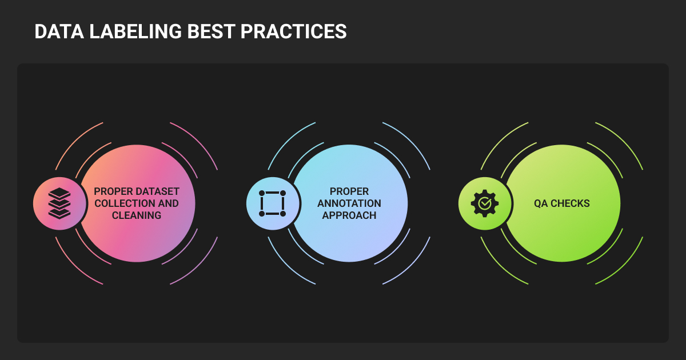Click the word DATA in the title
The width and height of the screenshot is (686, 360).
(x=59, y=31)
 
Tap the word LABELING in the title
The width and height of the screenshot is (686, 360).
(x=135, y=31)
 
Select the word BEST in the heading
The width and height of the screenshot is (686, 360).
(x=211, y=31)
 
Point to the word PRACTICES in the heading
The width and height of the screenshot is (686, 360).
(x=293, y=31)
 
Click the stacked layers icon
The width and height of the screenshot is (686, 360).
(x=59, y=203)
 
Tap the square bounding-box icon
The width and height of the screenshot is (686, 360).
(x=272, y=203)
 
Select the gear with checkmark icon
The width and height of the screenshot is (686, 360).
(x=485, y=203)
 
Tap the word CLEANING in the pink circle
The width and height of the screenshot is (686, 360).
(x=137, y=215)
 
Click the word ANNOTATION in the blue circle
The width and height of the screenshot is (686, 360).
(x=349, y=203)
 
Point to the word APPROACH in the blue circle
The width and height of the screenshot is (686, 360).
(x=349, y=215)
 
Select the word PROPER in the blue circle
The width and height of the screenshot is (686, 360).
(x=349, y=191)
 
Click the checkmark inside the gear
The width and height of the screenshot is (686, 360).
(x=485, y=203)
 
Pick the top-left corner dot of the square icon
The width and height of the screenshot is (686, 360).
(x=262, y=193)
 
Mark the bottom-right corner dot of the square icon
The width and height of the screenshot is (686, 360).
(x=283, y=214)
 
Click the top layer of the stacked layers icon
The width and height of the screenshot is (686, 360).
(x=59, y=193)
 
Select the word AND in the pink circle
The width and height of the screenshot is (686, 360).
(x=169, y=203)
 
